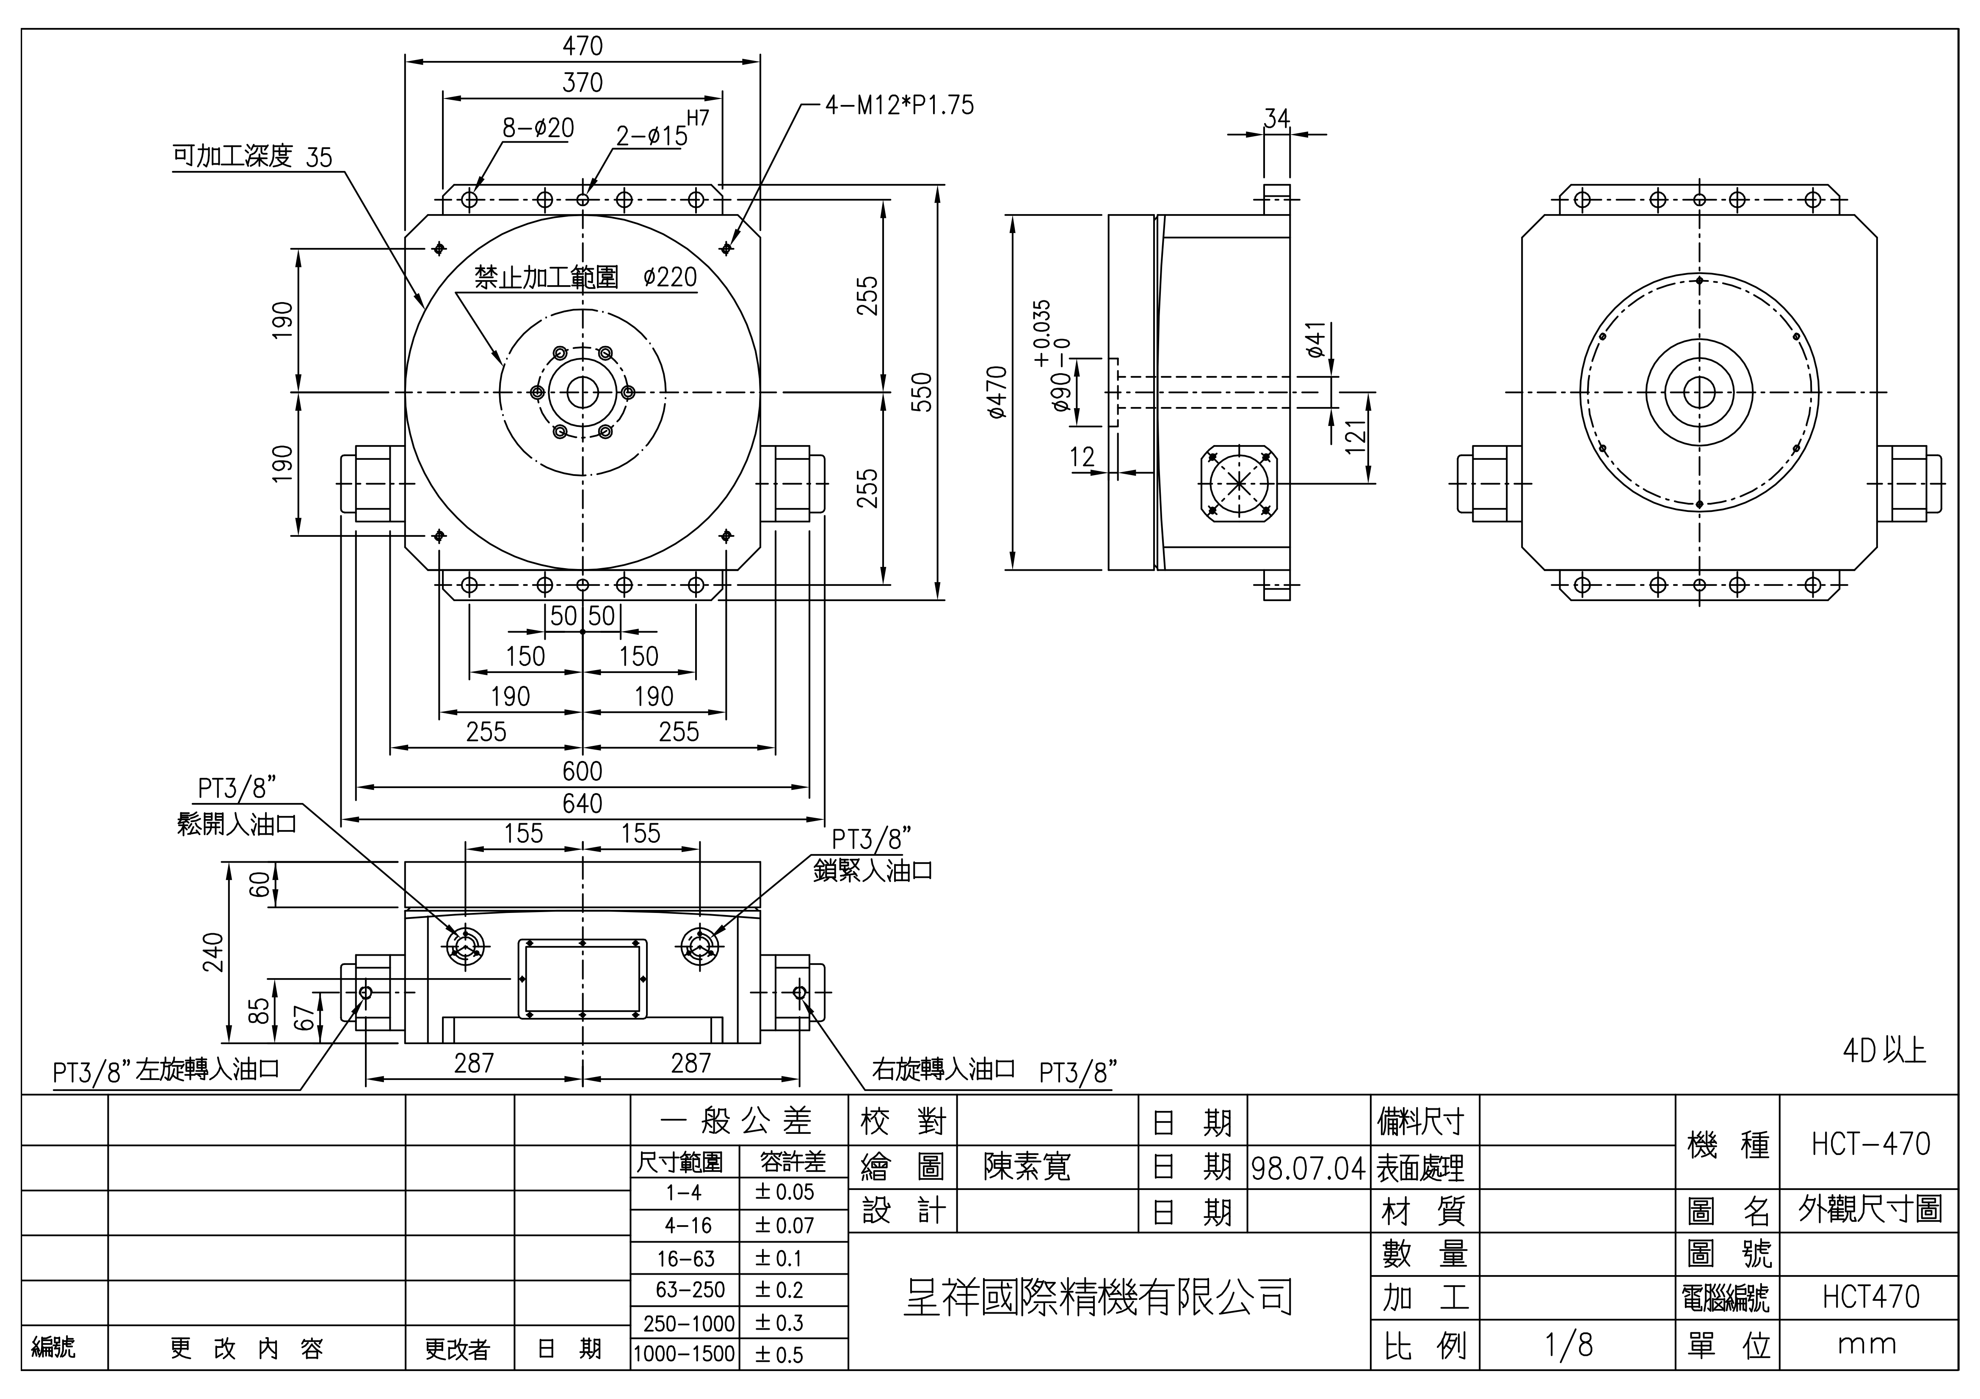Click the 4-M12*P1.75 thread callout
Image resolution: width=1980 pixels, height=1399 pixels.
pos(900,105)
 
